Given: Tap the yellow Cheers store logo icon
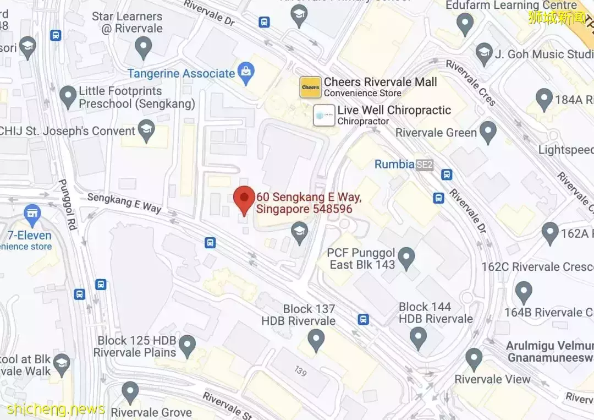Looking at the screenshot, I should point(310,88).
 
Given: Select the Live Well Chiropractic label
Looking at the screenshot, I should point(394,110).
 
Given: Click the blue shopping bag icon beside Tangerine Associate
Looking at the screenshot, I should point(245,73).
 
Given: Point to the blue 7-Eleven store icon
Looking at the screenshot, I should point(32,214).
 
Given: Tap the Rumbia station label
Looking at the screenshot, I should point(394,164).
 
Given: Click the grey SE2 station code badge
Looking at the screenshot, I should point(425,164).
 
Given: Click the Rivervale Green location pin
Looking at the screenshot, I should point(488,132).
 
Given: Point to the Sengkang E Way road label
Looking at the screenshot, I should point(124,202).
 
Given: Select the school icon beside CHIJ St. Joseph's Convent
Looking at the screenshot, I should point(146,130).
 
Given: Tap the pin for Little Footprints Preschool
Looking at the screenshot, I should point(68,97).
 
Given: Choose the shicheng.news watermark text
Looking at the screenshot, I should point(56,409).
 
